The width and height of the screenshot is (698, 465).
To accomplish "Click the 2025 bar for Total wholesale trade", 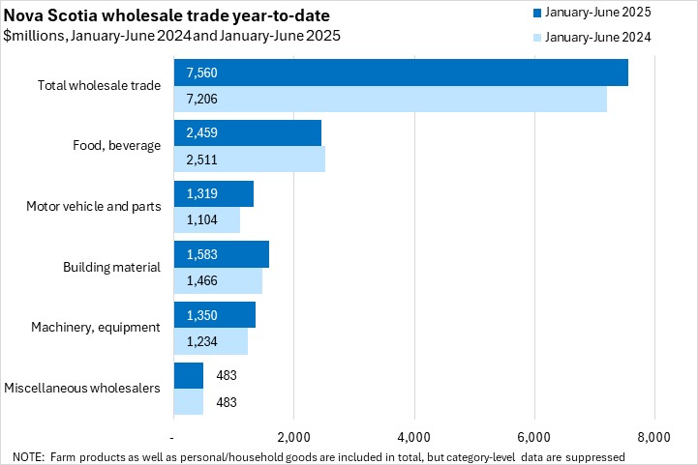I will [x=401, y=73].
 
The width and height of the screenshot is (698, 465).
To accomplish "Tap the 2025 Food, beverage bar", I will [x=247, y=133].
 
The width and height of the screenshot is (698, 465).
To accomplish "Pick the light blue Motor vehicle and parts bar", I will [x=206, y=219].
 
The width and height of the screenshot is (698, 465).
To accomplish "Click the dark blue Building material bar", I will [x=221, y=254].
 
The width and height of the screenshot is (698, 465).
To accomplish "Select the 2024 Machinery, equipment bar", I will [x=210, y=341].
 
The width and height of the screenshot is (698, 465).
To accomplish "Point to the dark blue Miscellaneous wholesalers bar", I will [x=188, y=375].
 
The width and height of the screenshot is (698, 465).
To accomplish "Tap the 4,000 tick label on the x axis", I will [x=413, y=437].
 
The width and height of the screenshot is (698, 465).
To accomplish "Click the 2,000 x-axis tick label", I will [x=293, y=437].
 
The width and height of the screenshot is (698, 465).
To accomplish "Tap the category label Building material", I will [x=111, y=267].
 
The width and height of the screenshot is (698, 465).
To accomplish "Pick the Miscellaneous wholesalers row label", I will [x=82, y=388].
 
